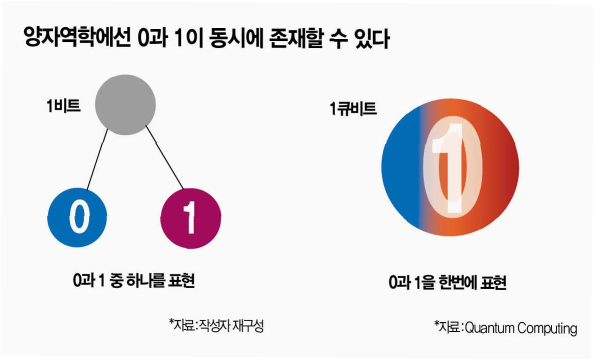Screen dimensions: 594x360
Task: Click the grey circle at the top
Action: tap(125, 105)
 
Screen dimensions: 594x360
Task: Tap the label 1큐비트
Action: tap(353, 108)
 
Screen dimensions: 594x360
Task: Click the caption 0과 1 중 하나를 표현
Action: tap(133, 280)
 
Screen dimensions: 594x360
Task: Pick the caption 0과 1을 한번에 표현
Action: tap(448, 283)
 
